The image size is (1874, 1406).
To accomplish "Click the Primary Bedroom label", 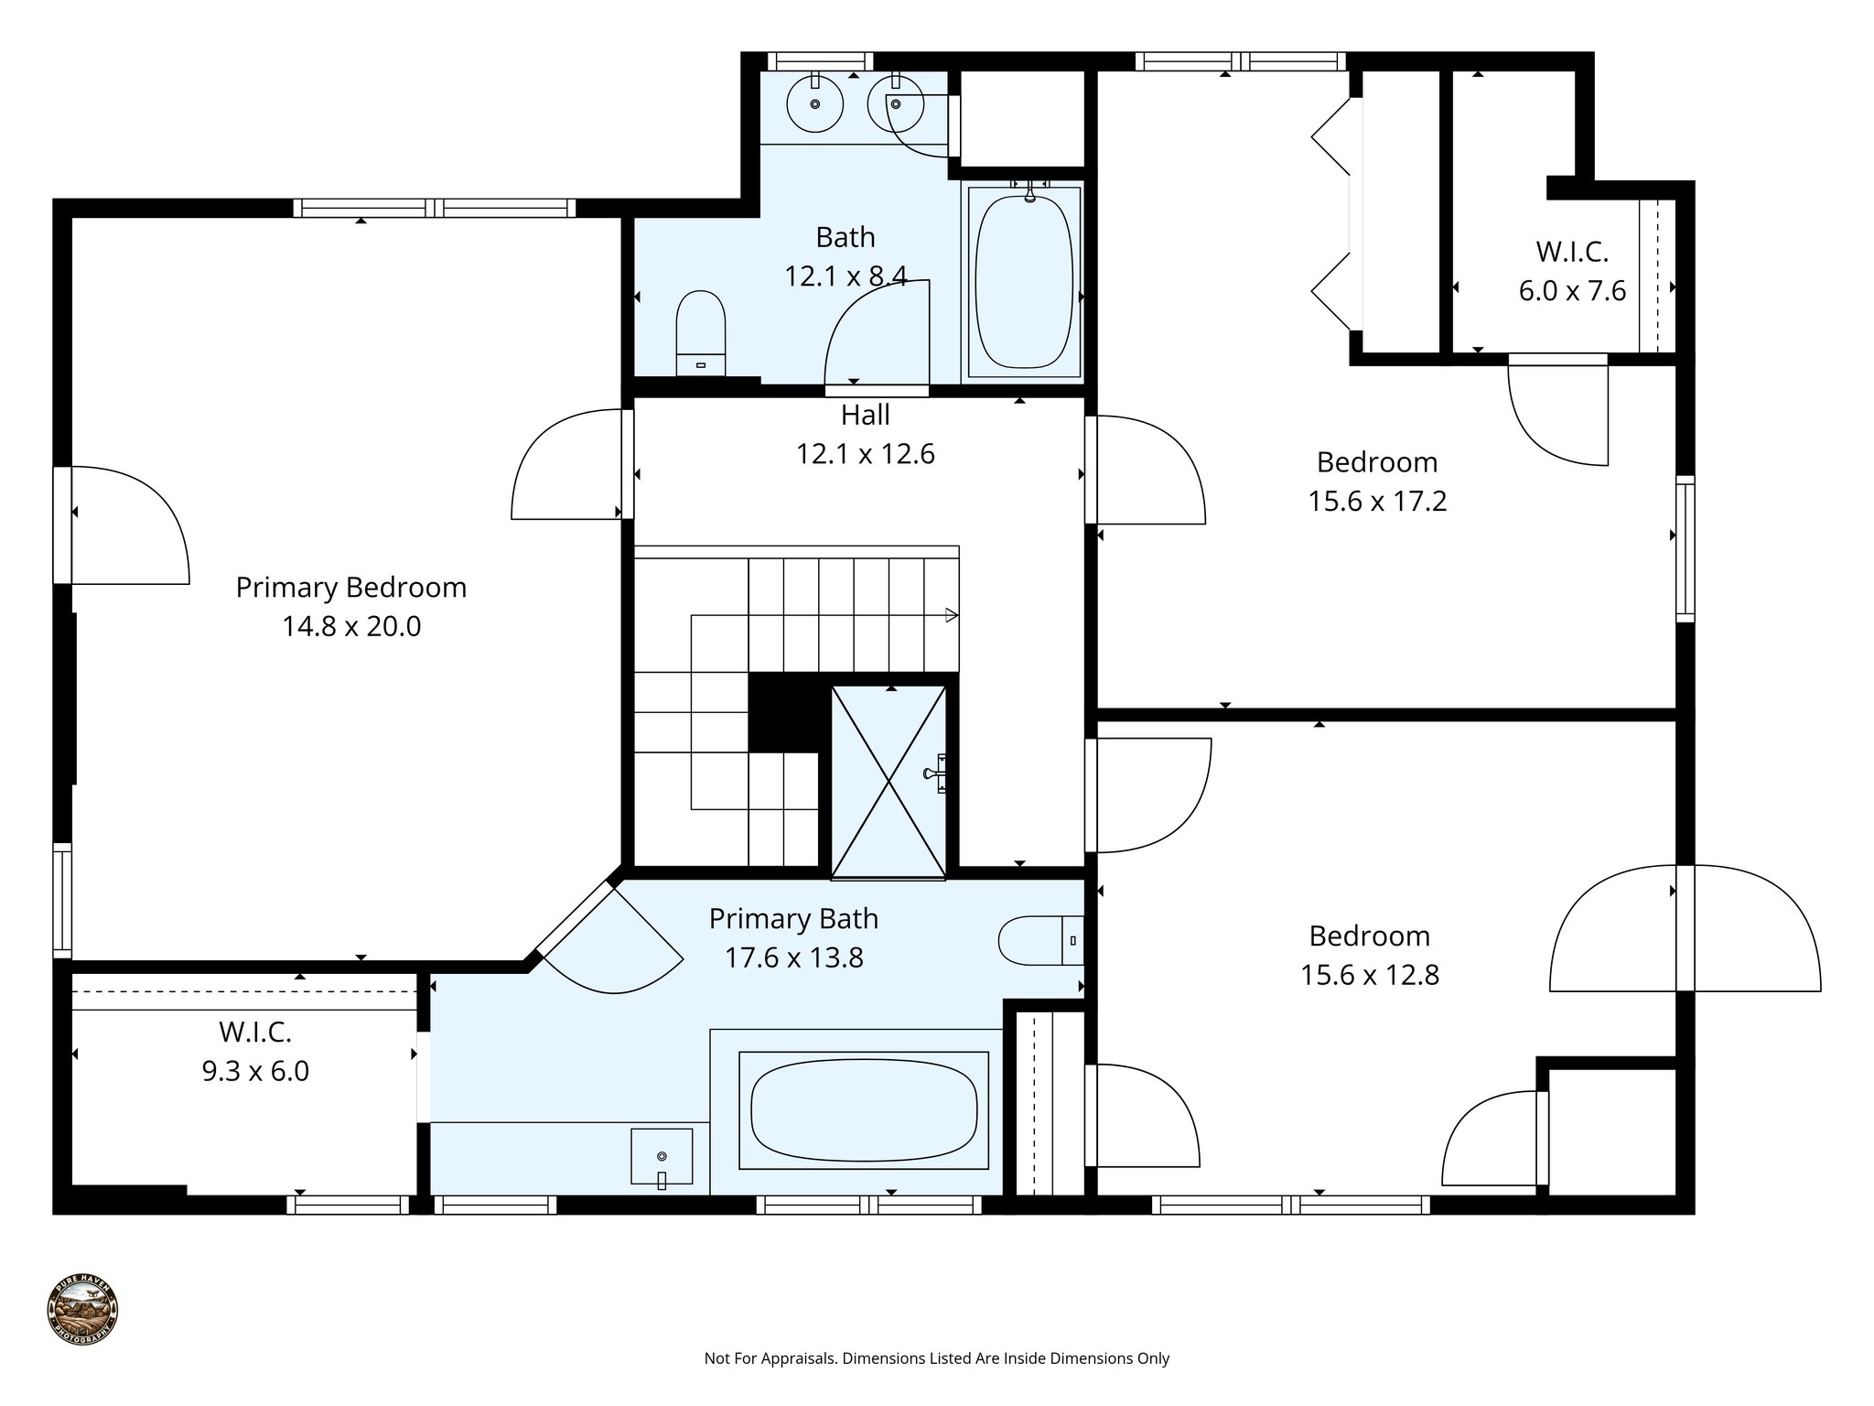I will pos(351,587).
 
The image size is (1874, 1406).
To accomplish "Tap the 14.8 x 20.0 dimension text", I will pos(351,627).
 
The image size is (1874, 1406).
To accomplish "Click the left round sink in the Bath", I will pos(814,103).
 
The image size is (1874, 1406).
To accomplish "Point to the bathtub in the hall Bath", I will pos(1023,281).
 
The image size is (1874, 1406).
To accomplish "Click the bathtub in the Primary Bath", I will pos(863,1110).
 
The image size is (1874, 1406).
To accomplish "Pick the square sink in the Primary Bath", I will pos(661,1156).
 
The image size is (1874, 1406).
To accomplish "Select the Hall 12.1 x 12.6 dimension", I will pos(866,454).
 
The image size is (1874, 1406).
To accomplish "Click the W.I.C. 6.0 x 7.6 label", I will pos(1572,271).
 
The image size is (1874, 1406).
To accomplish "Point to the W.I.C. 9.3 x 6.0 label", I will pos(255,1052).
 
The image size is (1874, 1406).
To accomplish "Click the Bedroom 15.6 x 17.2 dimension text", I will pos(1377,502).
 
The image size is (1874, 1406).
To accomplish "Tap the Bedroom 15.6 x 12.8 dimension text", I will pos(1370,975).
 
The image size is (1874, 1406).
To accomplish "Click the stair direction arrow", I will pos(951,615).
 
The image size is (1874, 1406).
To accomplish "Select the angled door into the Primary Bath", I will pos(609,938).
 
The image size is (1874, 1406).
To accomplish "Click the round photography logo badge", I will pos(83,1310).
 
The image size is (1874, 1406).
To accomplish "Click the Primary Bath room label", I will pos(793,918).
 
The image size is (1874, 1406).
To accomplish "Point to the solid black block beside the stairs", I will pos(782,712).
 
